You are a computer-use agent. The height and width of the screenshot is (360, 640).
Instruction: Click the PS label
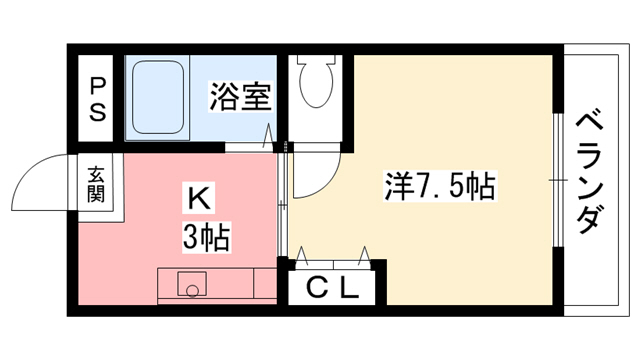click(x=98, y=98)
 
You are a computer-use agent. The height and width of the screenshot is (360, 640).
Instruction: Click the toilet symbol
click(x=316, y=85)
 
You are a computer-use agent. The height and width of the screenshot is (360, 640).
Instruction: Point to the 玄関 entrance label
click(x=97, y=182)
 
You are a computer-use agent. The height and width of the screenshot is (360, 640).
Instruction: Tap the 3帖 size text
click(x=206, y=239)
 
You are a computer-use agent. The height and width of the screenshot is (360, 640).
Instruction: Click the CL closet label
click(x=331, y=290)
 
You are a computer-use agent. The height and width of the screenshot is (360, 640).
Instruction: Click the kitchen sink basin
click(x=190, y=286)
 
